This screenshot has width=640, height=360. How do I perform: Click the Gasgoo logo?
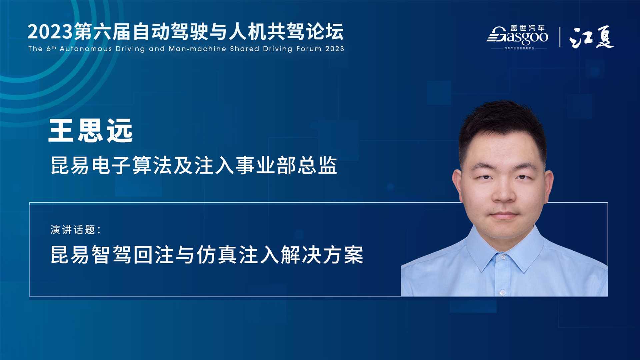(x=517, y=37)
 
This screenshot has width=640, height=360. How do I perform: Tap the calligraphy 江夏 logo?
(x=591, y=37)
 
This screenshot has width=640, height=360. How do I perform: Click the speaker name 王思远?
(x=91, y=131)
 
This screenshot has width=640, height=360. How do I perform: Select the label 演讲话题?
(x=73, y=230)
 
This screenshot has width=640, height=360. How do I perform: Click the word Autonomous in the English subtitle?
(x=86, y=49)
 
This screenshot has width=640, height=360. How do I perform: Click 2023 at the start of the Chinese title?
(x=50, y=32)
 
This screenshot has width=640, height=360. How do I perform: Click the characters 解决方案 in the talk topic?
(x=322, y=255)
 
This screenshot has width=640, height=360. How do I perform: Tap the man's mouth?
(x=504, y=215)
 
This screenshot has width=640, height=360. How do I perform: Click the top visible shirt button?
(x=502, y=257)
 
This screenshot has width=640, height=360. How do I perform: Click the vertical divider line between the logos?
(x=560, y=37)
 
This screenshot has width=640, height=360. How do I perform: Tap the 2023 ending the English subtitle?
(x=335, y=49)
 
